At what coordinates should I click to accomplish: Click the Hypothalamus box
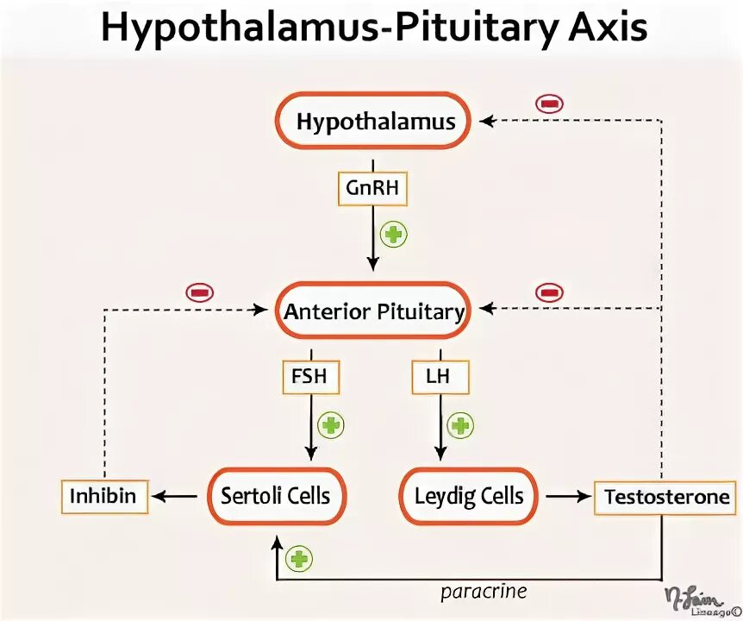(375, 122)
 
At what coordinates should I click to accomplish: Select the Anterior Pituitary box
(374, 311)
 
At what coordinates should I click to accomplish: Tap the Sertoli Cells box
(275, 496)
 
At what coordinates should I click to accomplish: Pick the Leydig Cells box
(469, 496)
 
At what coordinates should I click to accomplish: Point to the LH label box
(440, 376)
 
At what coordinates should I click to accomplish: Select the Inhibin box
(104, 496)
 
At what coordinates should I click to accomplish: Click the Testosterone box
(666, 497)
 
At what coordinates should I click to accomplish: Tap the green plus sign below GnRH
(394, 235)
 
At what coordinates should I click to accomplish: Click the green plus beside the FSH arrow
(331, 424)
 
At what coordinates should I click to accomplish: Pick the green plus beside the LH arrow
(461, 424)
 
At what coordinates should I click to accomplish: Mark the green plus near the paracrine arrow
(299, 559)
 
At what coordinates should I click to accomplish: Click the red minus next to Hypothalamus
(549, 103)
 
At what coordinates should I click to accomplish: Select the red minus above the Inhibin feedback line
(199, 293)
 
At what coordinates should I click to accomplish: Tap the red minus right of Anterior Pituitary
(549, 293)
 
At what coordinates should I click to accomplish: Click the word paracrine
(484, 592)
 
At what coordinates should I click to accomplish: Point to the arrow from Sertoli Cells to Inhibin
(174, 496)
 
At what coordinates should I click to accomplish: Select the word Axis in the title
(607, 29)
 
